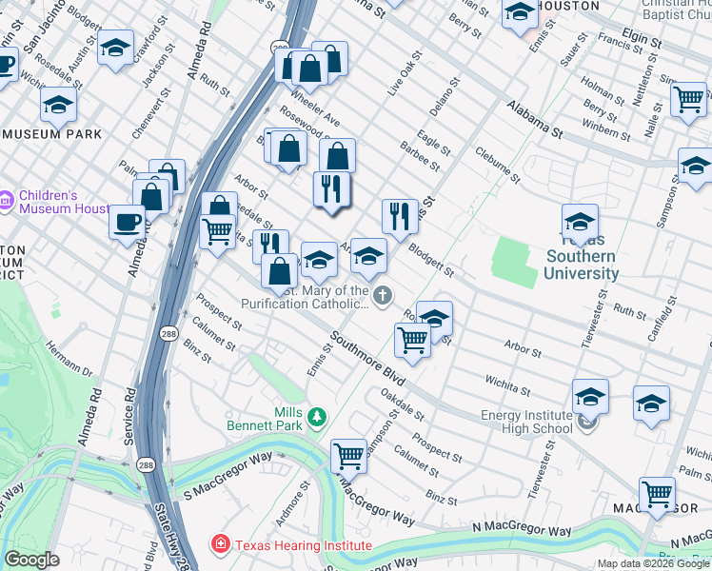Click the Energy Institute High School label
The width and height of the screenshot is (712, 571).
click(526, 422)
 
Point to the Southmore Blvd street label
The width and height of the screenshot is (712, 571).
click(368, 358)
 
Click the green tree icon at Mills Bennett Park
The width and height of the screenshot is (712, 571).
click(318, 416)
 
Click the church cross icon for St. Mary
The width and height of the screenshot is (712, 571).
click(383, 297)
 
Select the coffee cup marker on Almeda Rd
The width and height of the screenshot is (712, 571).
click(127, 223)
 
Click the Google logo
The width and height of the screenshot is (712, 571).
click(31, 560)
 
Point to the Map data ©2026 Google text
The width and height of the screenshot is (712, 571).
click(653, 563)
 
